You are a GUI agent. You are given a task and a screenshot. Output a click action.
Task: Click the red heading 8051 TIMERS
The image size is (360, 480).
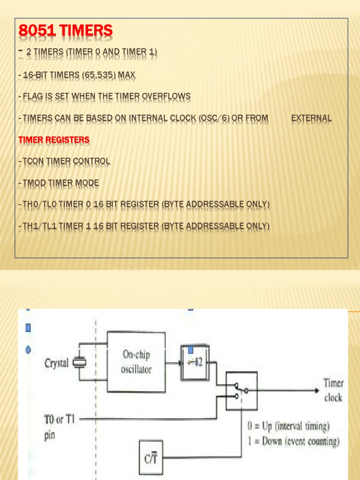(x=66, y=31)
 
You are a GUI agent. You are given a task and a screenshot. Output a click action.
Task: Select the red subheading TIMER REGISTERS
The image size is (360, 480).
(x=54, y=140)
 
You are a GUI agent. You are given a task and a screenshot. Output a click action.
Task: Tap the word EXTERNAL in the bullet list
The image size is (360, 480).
(x=312, y=119)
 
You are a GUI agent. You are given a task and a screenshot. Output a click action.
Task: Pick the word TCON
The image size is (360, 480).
(x=33, y=162)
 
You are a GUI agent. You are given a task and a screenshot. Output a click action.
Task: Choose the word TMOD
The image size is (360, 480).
(x=33, y=183)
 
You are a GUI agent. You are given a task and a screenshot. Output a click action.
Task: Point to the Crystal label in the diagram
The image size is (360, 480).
(x=56, y=363)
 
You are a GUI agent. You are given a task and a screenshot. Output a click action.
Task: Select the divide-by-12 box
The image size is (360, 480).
(x=195, y=362)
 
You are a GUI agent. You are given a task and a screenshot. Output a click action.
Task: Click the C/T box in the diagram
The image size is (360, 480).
(x=151, y=457)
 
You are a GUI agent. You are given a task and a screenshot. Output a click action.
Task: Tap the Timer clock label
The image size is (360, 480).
(x=333, y=390)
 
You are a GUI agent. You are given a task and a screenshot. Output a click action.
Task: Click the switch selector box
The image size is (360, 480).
(x=241, y=391)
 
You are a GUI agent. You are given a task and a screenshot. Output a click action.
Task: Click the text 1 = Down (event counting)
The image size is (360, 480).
(x=293, y=442)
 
